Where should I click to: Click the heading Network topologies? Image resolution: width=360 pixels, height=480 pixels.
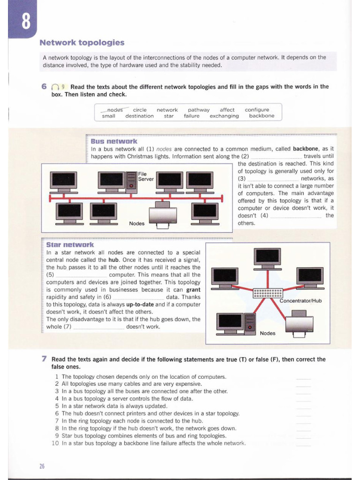82,43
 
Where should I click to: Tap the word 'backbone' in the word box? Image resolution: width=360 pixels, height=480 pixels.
262,116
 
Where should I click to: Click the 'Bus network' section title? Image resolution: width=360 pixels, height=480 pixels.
114,141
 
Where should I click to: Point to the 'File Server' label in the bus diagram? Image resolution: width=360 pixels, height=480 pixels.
146,176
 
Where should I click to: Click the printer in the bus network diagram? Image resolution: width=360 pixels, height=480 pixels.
163,215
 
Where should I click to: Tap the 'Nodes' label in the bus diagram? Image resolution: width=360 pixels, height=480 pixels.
136,223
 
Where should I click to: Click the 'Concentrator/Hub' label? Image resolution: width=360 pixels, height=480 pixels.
300,300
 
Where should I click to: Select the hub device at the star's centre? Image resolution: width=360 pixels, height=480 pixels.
268,293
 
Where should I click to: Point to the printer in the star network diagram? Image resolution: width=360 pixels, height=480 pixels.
299,323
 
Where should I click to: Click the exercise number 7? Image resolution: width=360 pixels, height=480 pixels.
44,359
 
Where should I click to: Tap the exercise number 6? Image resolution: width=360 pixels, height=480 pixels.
44,87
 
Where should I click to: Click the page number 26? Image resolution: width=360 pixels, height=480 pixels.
42,465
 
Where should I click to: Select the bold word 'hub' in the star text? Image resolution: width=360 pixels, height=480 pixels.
113,260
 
